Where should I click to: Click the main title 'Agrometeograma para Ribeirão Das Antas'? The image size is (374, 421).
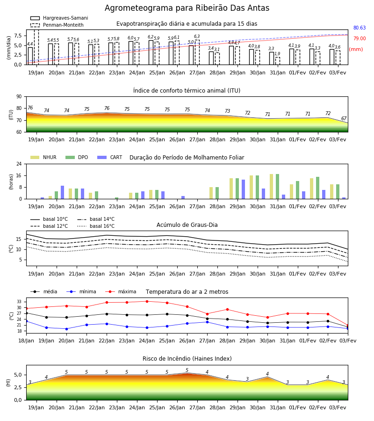coord(187,8)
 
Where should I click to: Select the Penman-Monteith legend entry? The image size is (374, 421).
coord(57,25)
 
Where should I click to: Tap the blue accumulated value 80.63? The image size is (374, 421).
coord(360,28)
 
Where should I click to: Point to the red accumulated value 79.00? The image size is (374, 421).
coord(360,38)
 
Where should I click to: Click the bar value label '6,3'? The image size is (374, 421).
coord(197,36)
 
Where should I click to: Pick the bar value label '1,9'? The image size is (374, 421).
coord(277,54)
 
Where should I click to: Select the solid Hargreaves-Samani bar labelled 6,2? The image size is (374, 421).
coord(151,52)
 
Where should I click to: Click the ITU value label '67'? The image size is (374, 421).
coord(344,118)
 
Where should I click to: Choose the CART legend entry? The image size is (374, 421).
coord(110,157)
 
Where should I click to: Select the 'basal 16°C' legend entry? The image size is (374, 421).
coord(96,226)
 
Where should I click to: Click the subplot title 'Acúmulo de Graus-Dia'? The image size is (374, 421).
coord(187,225)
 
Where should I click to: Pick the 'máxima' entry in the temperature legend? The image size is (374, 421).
coord(121,291)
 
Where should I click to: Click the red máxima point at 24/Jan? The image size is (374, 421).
coord(147,302)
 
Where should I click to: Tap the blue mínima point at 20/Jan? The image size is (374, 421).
coord(66,329)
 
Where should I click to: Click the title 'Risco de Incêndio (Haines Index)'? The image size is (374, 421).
coord(187,359)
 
